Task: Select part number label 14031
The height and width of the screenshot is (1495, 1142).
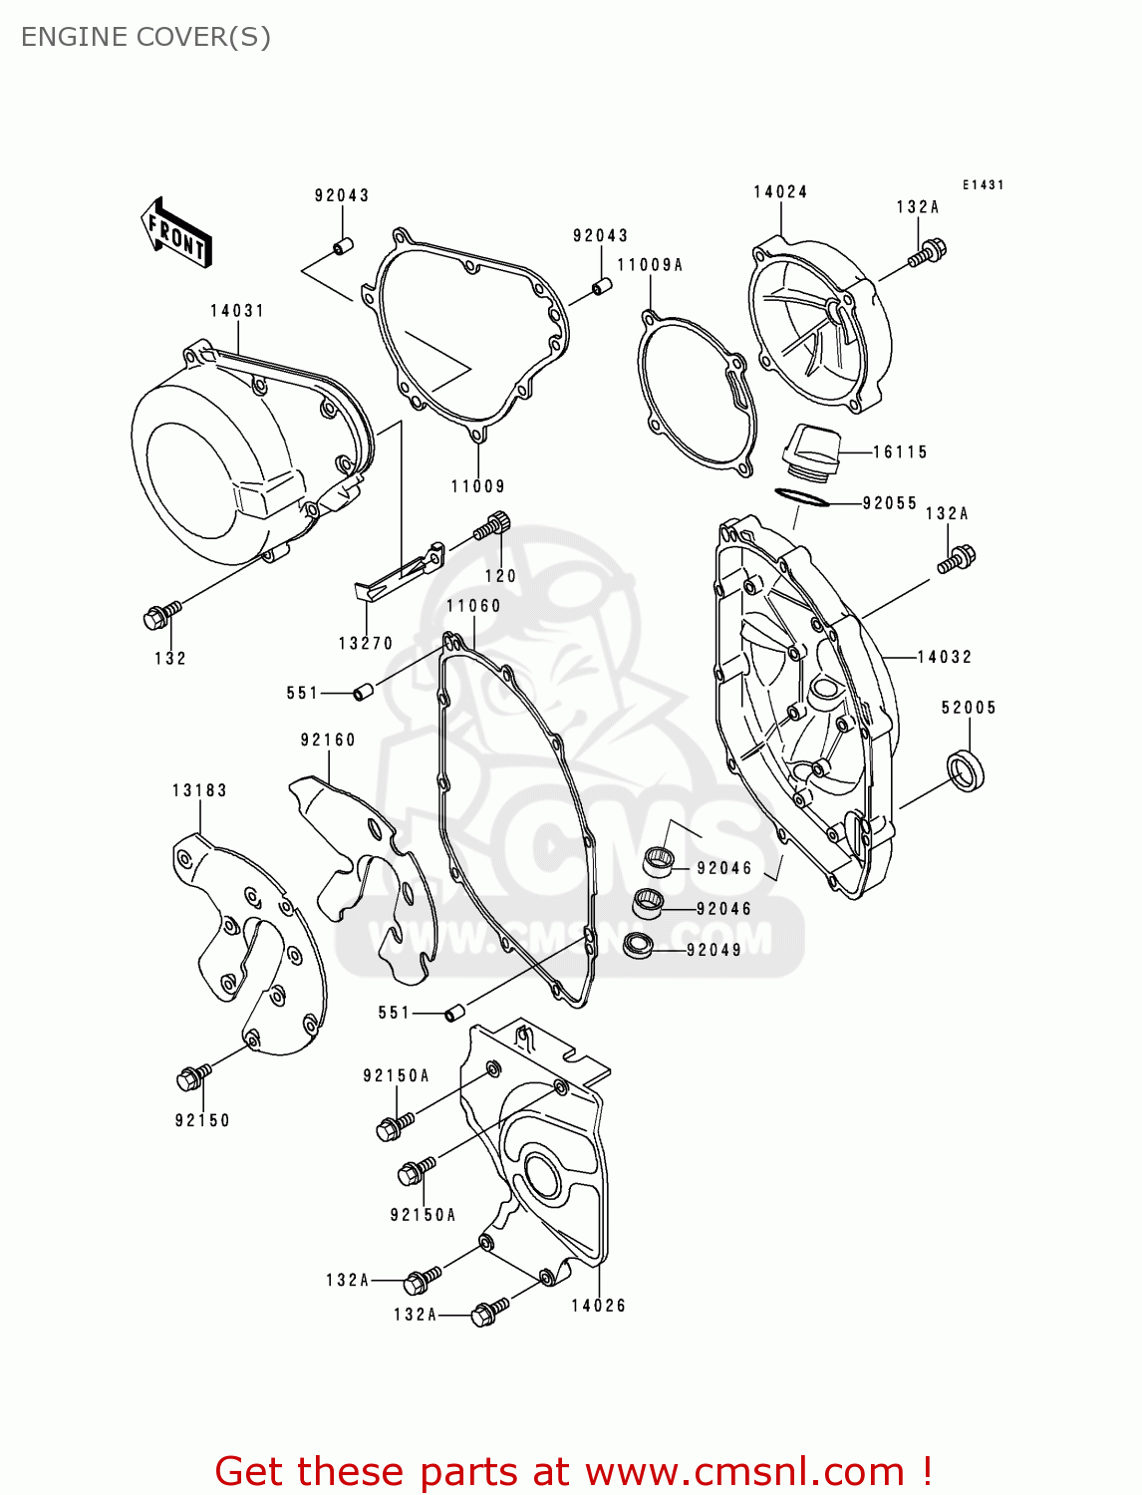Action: [237, 311]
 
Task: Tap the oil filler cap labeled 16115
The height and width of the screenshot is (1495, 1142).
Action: [808, 448]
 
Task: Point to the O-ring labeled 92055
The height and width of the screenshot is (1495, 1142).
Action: [801, 496]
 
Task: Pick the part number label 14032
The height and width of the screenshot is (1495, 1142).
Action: [945, 657]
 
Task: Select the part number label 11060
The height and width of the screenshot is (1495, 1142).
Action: [473, 606]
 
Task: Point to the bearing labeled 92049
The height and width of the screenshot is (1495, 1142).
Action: [638, 945]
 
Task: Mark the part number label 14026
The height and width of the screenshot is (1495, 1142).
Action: [598, 1306]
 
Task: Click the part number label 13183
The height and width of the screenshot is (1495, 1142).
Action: [199, 790]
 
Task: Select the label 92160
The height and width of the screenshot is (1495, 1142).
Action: [328, 740]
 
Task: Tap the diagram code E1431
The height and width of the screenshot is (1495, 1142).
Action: [983, 184]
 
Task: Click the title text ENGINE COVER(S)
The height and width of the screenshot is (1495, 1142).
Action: [145, 37]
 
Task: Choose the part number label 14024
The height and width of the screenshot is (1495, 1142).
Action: [780, 191]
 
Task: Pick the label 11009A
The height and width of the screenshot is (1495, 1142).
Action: [650, 265]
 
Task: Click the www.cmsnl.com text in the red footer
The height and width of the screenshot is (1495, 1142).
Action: [743, 1471]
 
